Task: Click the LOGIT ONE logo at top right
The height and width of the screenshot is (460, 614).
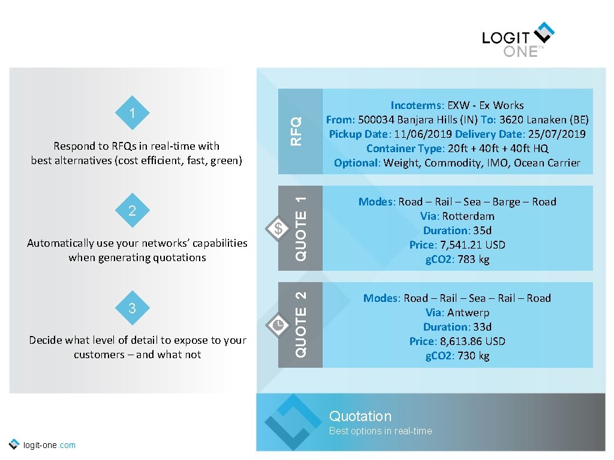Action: (x=517, y=40)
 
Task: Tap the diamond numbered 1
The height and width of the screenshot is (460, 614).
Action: (x=133, y=113)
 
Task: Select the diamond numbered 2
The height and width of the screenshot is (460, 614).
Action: (x=133, y=211)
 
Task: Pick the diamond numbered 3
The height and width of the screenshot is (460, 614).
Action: (x=133, y=308)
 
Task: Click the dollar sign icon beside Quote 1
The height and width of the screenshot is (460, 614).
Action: (x=278, y=228)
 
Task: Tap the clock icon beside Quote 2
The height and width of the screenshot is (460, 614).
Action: (x=278, y=324)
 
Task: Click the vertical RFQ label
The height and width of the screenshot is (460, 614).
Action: (x=296, y=131)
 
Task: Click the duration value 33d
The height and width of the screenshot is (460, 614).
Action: (x=482, y=327)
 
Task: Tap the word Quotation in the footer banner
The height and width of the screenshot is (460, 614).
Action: (x=360, y=416)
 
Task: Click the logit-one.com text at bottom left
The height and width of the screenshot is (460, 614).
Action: (x=49, y=445)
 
